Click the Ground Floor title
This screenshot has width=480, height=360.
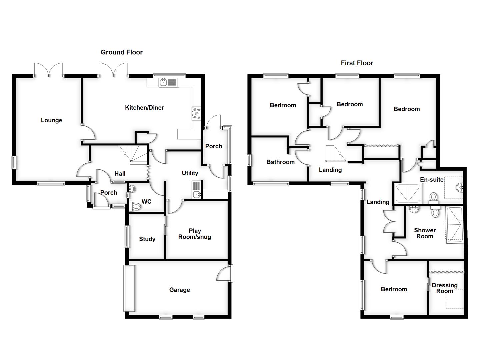(x=122, y=52)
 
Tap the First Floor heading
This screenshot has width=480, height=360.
(x=357, y=63)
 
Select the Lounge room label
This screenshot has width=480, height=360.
(x=51, y=120)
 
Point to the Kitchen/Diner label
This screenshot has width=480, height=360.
(x=144, y=108)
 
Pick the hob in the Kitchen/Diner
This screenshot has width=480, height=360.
(x=196, y=113)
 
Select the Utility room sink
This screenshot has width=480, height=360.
(x=196, y=193)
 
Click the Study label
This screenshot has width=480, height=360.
(x=147, y=239)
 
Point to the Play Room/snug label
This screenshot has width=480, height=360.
(x=195, y=234)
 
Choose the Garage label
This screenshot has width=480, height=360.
(x=179, y=290)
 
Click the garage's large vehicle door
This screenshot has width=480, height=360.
(x=129, y=288)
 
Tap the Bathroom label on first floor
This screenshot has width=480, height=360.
(x=280, y=162)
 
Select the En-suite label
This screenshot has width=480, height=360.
(x=432, y=180)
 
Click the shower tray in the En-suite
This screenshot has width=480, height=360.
(x=408, y=193)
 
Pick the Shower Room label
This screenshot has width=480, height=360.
(x=425, y=233)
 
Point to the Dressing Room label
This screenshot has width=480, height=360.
(x=445, y=288)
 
